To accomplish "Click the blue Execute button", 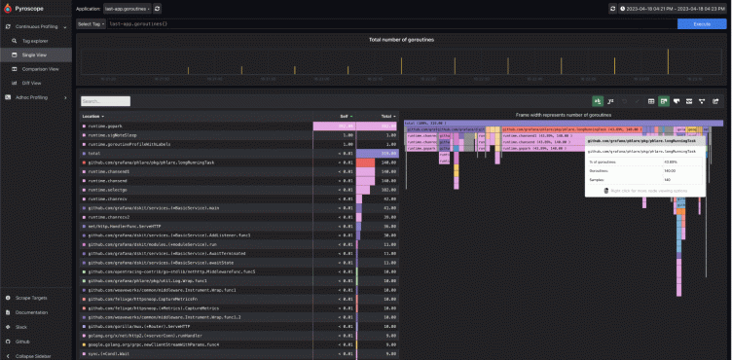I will click(701, 23).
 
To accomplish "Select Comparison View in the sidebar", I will click(40, 69).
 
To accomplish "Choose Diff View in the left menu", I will click(32, 83).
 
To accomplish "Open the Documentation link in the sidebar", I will click(31, 312).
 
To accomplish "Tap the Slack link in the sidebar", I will click(21, 327).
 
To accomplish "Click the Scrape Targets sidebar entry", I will click(32, 297).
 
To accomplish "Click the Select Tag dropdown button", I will click(90, 23).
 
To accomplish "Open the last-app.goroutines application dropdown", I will click(127, 8).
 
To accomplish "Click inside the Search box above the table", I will click(104, 100).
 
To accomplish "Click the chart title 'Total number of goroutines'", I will click(402, 40).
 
